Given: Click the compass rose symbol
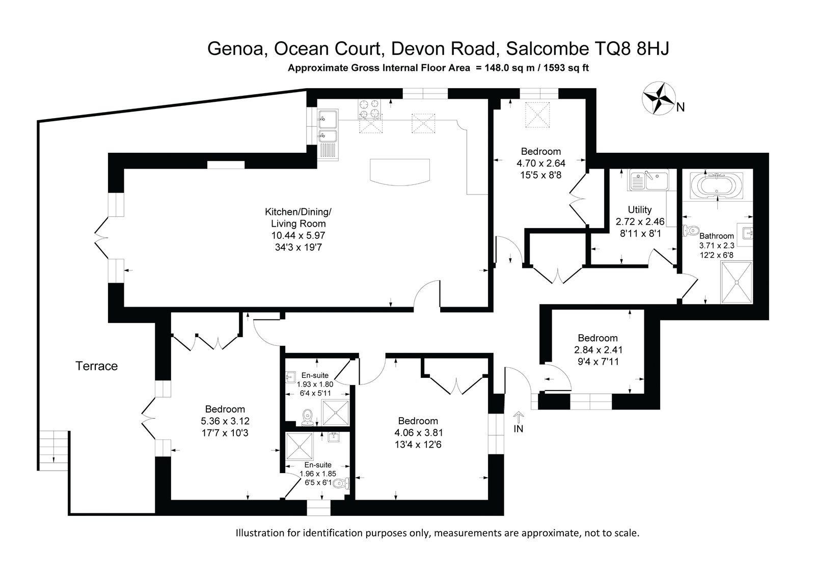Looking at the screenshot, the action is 659,98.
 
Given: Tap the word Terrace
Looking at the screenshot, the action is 96,366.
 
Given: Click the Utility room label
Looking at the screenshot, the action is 640,210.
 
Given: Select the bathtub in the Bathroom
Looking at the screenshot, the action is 716,185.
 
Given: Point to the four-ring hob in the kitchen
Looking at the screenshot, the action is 369,109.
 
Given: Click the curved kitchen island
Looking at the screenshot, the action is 400,172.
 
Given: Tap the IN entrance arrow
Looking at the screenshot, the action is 519,417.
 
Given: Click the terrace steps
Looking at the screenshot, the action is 53,451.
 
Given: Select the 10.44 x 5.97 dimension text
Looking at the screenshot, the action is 298,235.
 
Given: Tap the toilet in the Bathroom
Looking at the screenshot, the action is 691,230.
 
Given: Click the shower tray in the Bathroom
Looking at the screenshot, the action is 737,282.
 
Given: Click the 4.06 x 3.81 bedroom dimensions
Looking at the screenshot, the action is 418,433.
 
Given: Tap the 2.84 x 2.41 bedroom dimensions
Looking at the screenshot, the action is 598,350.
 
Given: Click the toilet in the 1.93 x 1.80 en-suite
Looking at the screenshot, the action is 308,417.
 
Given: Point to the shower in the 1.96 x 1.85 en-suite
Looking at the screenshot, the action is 300,446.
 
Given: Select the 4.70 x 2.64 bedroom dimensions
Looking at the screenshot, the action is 540,163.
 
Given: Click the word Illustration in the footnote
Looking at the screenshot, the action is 260,533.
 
